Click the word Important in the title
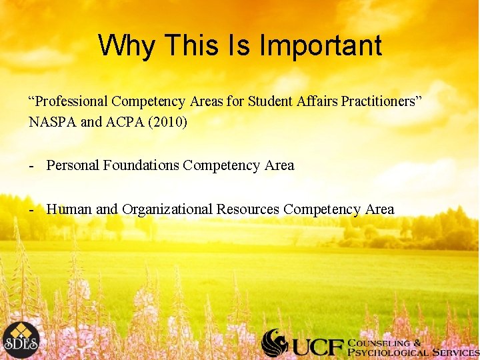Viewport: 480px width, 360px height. click(321, 46)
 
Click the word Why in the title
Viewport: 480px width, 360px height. click(126, 46)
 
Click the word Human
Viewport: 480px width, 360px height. click(69, 209)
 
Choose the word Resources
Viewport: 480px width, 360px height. click(248, 209)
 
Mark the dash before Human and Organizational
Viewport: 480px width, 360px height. click(31, 210)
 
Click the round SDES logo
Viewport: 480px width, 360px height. click(20, 340)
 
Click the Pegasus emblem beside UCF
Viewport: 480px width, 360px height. click(275, 343)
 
